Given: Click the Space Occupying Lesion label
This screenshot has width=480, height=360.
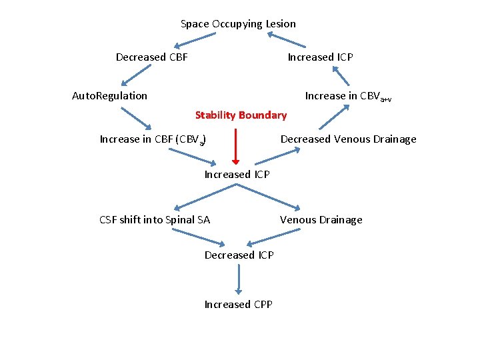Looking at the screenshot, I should tap(238, 24).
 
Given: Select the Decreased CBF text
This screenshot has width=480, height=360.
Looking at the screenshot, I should tap(151, 57).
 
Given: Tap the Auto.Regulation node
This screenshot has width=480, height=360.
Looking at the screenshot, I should tap(109, 96).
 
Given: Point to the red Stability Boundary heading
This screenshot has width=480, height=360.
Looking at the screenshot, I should tap(241, 115).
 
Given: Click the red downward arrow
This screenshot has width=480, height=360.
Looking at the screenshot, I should tap(235, 147).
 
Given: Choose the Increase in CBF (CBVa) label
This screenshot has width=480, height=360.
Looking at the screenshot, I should tap(152, 140).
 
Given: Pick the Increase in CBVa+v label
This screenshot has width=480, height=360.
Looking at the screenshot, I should tap(347, 97).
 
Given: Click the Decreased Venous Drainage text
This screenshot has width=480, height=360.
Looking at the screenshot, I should tap(348, 139).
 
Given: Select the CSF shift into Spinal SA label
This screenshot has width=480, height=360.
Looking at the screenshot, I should tap(155, 220).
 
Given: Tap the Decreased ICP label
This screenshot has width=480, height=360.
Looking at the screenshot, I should tap(239, 255).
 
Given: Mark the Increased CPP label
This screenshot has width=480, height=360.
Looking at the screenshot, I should tap(238, 305).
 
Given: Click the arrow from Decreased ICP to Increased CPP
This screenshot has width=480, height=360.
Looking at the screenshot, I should tap(238, 279).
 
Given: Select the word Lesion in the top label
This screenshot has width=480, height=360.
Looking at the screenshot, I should tap(281, 24).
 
